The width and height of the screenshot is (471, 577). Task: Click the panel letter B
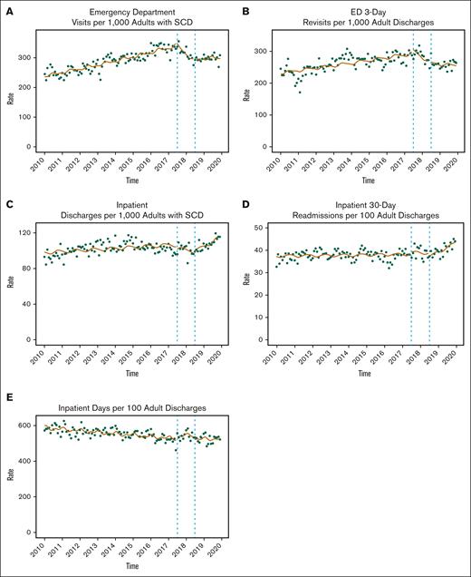[x=244, y=6]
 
